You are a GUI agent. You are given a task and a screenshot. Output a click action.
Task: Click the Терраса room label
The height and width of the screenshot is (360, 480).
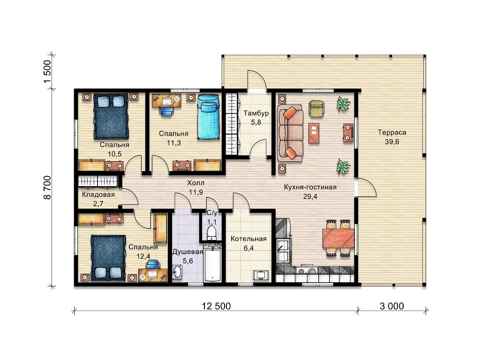click(x=392, y=133)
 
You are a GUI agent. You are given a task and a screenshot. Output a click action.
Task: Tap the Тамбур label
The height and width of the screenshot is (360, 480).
click(x=256, y=113)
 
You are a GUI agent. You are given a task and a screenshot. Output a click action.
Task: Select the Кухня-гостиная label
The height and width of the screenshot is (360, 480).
click(x=310, y=187)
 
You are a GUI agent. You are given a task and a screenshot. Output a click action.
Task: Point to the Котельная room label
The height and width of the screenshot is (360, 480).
click(x=248, y=239)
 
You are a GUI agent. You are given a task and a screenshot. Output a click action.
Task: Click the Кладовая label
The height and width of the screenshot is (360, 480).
click(x=98, y=195)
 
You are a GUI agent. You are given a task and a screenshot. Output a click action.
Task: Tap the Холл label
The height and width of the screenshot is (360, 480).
click(x=195, y=183)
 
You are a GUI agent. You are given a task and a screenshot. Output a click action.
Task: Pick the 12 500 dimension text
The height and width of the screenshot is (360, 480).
click(x=216, y=306)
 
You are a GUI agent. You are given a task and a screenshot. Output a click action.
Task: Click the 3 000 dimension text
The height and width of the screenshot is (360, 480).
click(x=392, y=306)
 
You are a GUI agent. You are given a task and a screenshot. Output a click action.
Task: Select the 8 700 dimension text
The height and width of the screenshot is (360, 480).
click(x=47, y=187)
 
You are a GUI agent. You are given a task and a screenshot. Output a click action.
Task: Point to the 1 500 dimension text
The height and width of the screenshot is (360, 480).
click(x=47, y=72)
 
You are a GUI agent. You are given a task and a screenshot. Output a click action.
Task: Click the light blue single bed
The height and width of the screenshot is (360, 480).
click(x=208, y=117)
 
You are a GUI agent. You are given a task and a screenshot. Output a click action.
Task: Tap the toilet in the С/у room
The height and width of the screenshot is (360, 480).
click(x=211, y=232)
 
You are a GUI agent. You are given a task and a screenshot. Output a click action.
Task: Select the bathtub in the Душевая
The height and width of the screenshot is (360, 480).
click(x=212, y=265)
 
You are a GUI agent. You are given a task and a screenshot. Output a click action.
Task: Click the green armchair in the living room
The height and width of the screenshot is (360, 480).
click(x=316, y=108)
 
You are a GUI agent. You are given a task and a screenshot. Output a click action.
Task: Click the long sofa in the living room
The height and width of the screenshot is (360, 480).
click(x=290, y=133)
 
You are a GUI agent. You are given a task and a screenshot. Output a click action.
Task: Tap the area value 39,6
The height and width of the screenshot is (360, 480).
click(x=392, y=142)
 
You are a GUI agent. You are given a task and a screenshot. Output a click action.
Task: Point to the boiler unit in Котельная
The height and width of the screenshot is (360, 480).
click(x=261, y=275)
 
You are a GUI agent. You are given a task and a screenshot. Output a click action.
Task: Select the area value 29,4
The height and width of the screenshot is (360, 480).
click(x=310, y=196)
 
